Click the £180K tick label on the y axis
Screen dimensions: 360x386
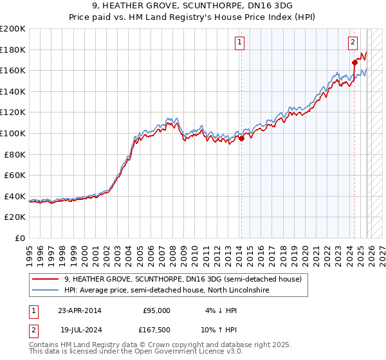click(14, 50)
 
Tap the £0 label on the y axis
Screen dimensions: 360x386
click(21, 238)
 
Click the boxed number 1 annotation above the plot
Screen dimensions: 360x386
click(239, 43)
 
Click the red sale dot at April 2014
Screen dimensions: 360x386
click(241, 138)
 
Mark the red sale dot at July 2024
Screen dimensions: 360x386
click(354, 62)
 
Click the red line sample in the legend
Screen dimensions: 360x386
click(46, 279)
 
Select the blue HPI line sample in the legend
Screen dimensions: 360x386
click(46, 291)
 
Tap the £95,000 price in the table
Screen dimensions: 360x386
click(156, 310)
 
